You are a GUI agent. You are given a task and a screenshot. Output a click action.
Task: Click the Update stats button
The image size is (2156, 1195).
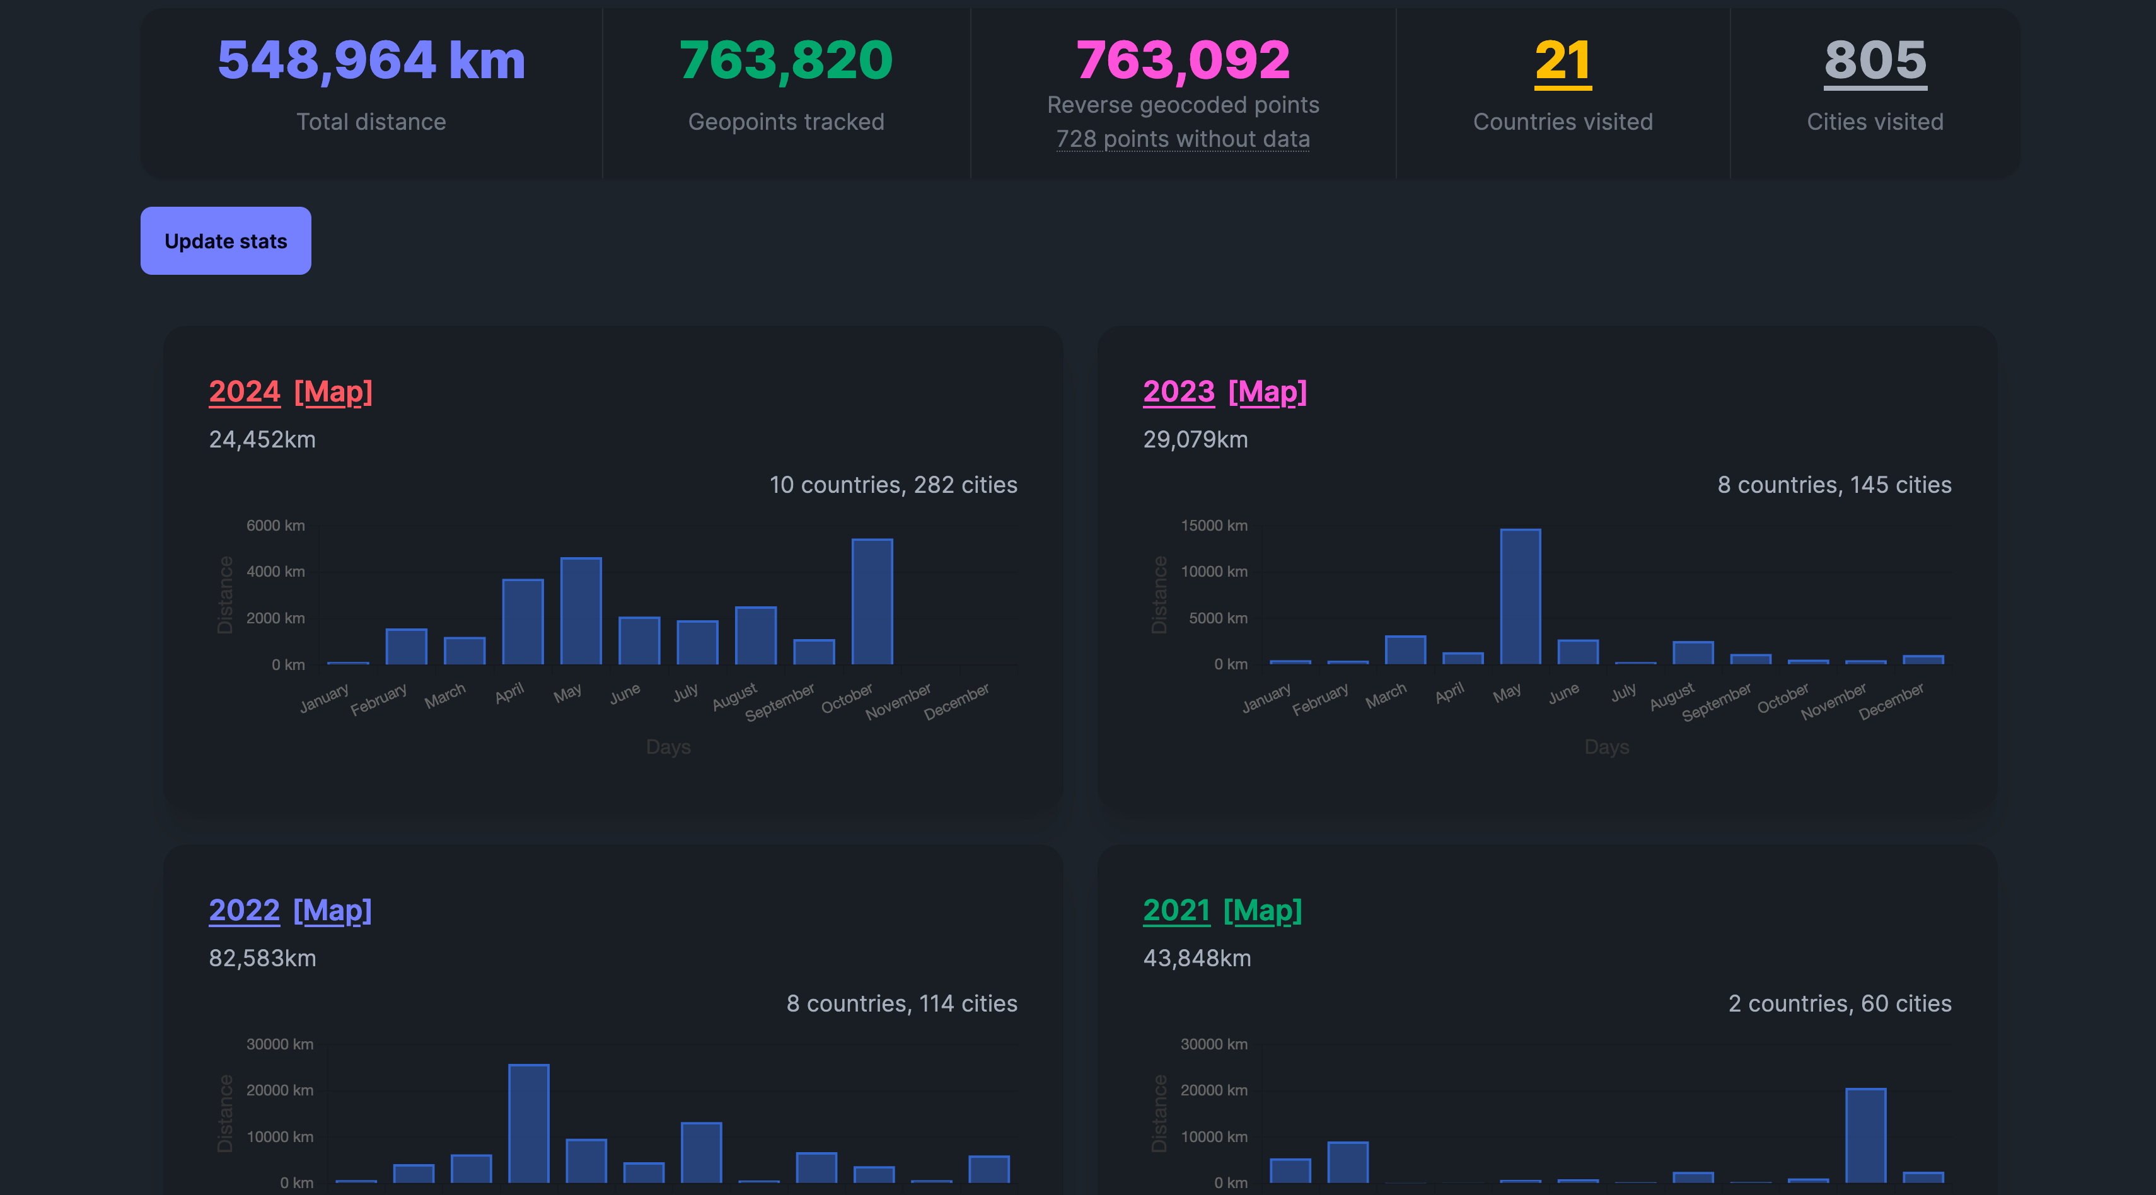pyautogui.click(x=225, y=241)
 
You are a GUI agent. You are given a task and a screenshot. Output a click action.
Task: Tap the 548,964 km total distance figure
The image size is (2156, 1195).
pyautogui.click(x=371, y=61)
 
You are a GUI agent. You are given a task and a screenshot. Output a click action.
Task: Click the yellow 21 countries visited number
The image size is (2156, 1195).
pyautogui.click(x=1563, y=61)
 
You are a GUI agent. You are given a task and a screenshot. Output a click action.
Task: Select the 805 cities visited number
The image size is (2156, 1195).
pyautogui.click(x=1875, y=61)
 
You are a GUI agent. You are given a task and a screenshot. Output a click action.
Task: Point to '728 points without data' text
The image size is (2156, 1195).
pyautogui.click(x=1182, y=139)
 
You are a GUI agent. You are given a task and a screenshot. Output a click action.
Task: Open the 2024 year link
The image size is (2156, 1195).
pyautogui.click(x=243, y=391)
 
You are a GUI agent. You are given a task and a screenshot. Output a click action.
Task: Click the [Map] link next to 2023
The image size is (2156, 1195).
pyautogui.click(x=1266, y=391)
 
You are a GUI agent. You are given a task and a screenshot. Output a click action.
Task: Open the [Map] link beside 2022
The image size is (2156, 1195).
pyautogui.click(x=332, y=911)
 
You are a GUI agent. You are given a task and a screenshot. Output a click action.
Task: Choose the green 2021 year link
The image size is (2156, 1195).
pyautogui.click(x=1176, y=911)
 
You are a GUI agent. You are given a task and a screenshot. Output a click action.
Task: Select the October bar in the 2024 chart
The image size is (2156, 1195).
pyautogui.click(x=871, y=603)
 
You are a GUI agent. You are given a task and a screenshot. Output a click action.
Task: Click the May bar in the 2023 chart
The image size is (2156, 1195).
pyautogui.click(x=1519, y=597)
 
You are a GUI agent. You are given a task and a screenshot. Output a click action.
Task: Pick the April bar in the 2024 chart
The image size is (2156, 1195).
pyautogui.click(x=522, y=622)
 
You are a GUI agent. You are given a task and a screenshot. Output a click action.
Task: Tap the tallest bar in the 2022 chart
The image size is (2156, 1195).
pyautogui.click(x=528, y=1123)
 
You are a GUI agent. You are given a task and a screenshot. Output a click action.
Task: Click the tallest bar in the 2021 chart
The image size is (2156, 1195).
pyautogui.click(x=1865, y=1136)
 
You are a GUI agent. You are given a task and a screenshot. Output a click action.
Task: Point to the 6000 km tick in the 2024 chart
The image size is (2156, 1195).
pyautogui.click(x=275, y=526)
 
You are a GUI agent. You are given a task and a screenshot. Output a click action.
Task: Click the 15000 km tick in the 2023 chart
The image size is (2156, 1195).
pyautogui.click(x=1213, y=526)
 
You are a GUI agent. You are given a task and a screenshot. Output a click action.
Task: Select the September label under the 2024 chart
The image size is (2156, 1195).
pyautogui.click(x=780, y=702)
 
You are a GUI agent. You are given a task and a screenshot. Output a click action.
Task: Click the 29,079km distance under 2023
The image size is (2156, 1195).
pyautogui.click(x=1195, y=439)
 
